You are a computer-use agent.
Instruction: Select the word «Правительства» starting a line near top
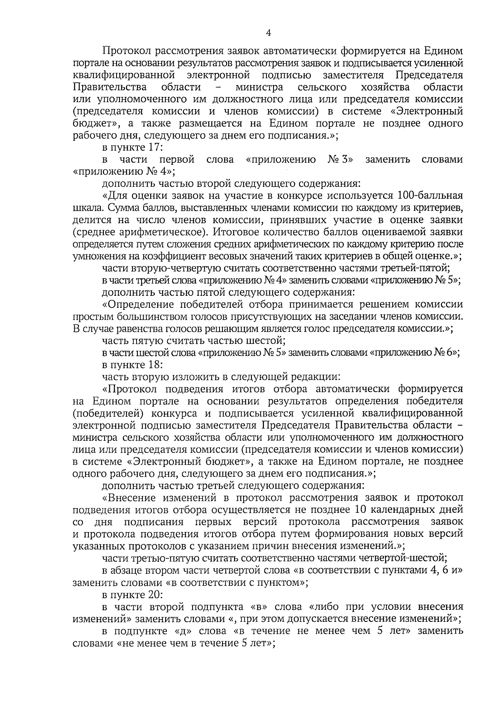110,87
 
